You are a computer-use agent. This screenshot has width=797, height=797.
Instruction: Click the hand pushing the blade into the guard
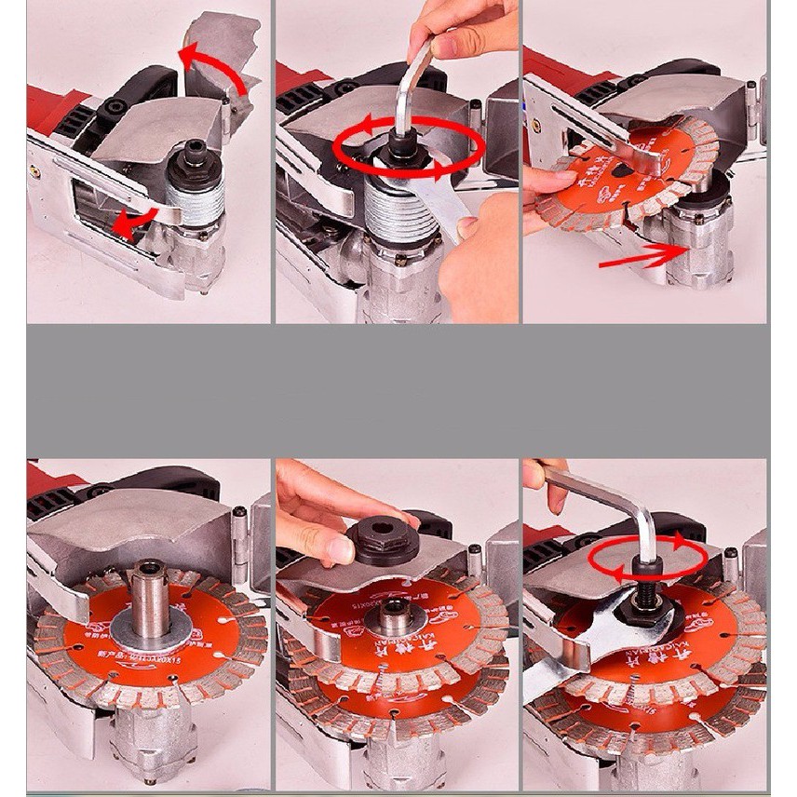point(549,200)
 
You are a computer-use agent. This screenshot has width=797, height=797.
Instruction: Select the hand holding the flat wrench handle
point(480,265)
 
